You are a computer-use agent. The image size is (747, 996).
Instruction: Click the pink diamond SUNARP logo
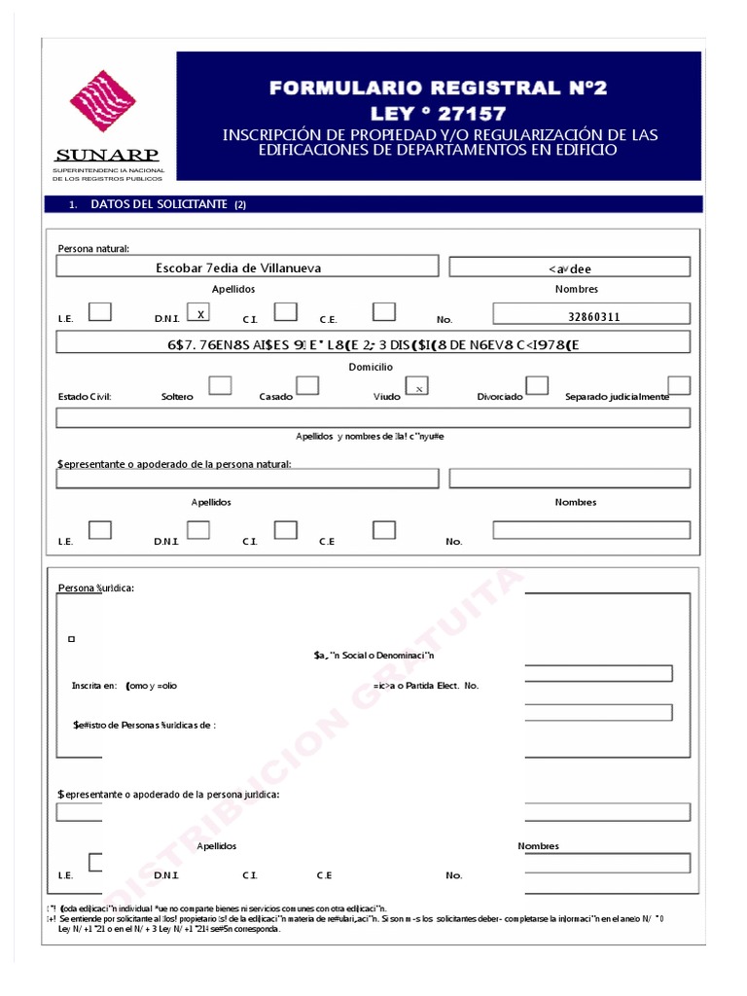coord(103,101)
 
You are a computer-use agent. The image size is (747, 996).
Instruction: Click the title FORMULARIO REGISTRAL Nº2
coord(438,89)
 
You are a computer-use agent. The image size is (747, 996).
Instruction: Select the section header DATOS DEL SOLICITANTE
coord(160,204)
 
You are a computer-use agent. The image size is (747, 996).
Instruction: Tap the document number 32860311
coord(593,317)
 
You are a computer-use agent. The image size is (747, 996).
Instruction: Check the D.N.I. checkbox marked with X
coord(198,313)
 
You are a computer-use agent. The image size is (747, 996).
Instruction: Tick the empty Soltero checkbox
coord(221,386)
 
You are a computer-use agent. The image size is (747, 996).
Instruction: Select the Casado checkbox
coord(307,386)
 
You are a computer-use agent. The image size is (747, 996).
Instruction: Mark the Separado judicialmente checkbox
coord(679,385)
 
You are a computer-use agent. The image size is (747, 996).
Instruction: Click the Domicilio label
coord(371,367)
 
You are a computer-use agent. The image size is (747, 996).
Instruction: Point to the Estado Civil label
coord(85,397)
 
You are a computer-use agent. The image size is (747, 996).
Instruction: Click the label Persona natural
coord(93,249)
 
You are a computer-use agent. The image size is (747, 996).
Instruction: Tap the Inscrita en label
coord(94,686)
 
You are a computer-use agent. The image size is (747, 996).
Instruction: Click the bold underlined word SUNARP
coord(107,155)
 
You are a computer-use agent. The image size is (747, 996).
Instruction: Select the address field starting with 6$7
coord(373,343)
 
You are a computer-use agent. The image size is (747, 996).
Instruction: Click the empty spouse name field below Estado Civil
coord(373,418)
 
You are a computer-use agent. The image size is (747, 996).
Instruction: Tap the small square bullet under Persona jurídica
coord(72,639)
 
